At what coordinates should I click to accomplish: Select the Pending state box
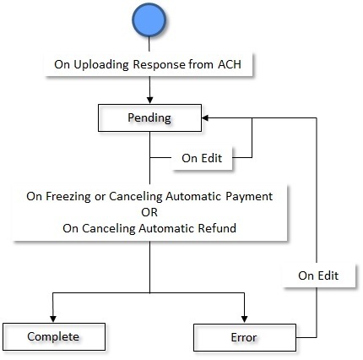150,117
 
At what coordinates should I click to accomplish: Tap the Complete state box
53,336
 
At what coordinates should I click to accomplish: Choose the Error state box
244,336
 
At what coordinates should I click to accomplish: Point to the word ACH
227,65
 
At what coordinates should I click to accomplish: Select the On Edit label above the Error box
317,275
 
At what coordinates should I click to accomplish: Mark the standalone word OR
150,211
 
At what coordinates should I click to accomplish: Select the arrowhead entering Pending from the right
206,117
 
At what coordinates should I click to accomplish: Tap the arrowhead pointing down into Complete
53,319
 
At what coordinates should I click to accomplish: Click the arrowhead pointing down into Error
244,319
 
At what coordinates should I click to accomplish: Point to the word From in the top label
198,65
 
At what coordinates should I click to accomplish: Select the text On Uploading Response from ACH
150,65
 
